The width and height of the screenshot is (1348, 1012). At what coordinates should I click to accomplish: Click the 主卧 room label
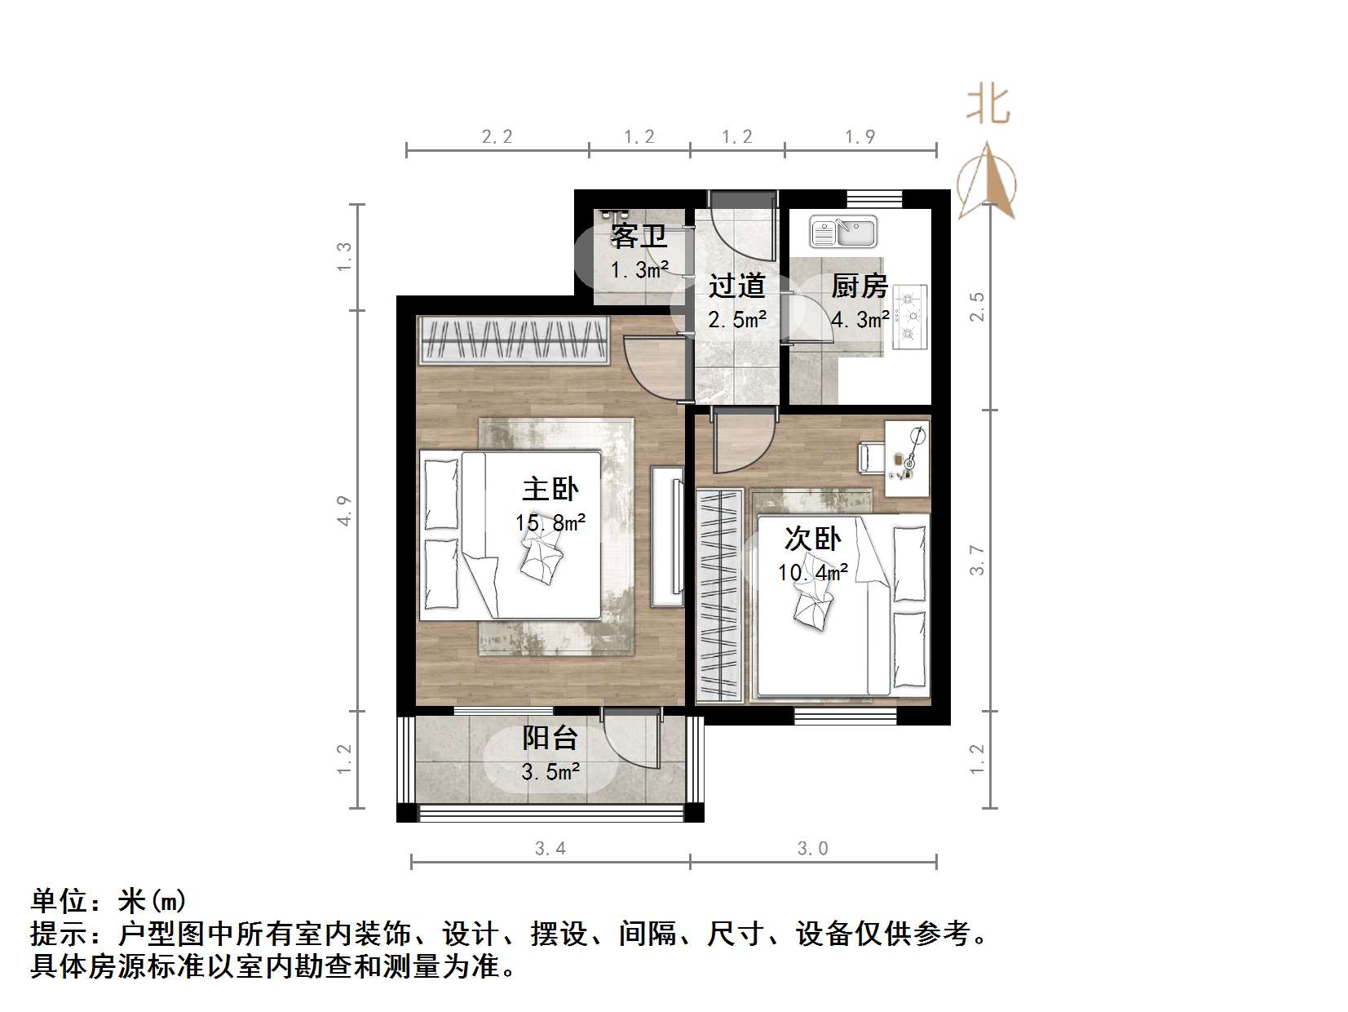(550, 489)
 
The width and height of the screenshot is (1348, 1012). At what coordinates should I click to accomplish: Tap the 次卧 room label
(812, 539)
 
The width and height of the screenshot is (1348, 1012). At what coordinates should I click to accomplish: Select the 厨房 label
(859, 286)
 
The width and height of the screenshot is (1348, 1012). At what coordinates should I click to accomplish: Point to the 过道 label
(736, 286)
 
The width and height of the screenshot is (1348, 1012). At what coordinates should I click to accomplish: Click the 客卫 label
(639, 236)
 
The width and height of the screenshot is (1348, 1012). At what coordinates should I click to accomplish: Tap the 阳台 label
(550, 738)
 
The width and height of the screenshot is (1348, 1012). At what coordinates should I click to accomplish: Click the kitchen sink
(842, 232)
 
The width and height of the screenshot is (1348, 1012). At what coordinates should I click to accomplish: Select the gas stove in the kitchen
(909, 317)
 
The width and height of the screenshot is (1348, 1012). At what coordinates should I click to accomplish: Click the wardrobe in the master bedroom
(515, 340)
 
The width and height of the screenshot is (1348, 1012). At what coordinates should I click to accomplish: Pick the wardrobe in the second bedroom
(719, 596)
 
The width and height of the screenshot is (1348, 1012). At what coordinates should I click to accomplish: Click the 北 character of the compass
(988, 106)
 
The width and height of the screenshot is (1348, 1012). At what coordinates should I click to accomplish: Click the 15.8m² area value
(550, 522)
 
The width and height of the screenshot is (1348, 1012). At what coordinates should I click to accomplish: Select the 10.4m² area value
(812, 572)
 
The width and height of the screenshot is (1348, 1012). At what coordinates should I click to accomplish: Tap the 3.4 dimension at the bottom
(550, 849)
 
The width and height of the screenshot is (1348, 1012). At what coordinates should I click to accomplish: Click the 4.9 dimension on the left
(345, 510)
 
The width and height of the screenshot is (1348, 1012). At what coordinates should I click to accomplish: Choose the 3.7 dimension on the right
(977, 560)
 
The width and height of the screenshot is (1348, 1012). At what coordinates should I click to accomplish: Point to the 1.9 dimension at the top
(860, 137)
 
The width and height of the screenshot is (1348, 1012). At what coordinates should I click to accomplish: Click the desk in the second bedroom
(907, 458)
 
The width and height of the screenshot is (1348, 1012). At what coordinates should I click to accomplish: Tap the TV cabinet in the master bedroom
(667, 535)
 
